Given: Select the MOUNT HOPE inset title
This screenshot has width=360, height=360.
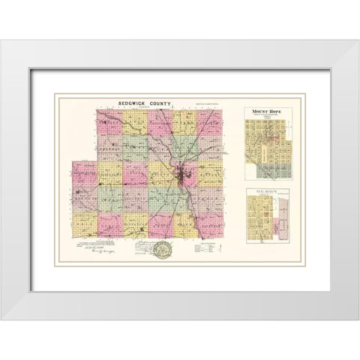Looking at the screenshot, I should tap(268, 112).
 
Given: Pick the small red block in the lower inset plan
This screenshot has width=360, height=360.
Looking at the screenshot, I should tap(266, 213).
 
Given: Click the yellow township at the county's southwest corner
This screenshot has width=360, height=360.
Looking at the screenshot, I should tap(84, 223).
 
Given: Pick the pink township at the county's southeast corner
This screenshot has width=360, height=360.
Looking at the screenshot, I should tap(211, 223).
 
